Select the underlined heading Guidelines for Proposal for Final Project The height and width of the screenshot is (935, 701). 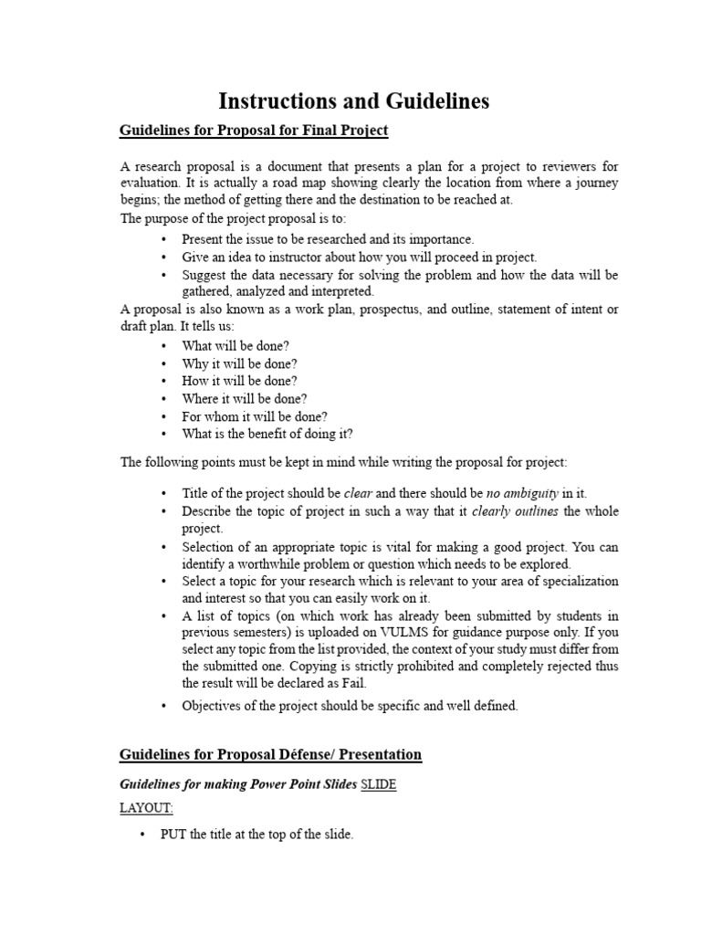[x=254, y=131]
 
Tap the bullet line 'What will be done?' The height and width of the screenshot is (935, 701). [x=235, y=346]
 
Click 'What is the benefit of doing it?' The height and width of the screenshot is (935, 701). [x=267, y=434]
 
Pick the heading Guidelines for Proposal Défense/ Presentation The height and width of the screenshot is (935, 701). [x=271, y=754]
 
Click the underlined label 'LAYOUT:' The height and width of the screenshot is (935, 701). [x=146, y=808]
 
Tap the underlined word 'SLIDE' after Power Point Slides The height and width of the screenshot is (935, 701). [x=379, y=784]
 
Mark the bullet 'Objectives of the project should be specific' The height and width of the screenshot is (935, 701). [x=350, y=706]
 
